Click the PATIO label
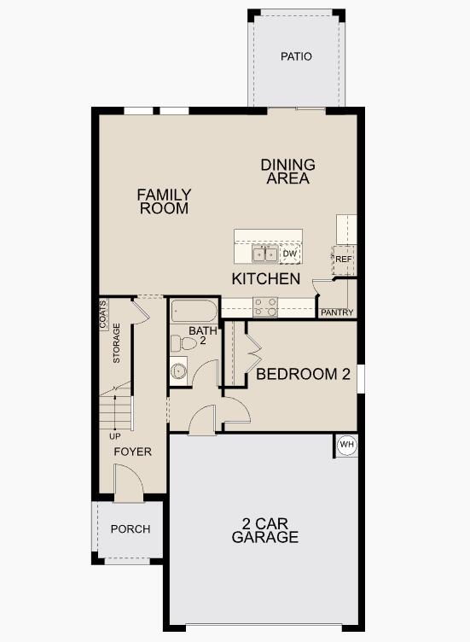(x=296, y=56)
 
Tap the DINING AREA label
(x=287, y=172)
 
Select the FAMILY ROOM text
(x=164, y=201)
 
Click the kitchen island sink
(x=264, y=254)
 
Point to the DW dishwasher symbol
(x=290, y=254)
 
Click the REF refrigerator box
(x=343, y=259)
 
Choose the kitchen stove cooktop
(x=264, y=306)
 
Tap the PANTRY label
(x=337, y=312)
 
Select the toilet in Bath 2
(x=180, y=343)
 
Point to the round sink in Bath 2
(x=179, y=371)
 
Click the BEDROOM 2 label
(x=304, y=374)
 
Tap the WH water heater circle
(x=346, y=445)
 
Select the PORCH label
(x=131, y=529)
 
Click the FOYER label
(x=133, y=452)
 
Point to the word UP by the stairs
(x=115, y=436)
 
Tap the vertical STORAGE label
(x=117, y=344)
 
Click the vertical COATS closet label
(x=104, y=313)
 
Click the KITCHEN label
(x=266, y=279)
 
